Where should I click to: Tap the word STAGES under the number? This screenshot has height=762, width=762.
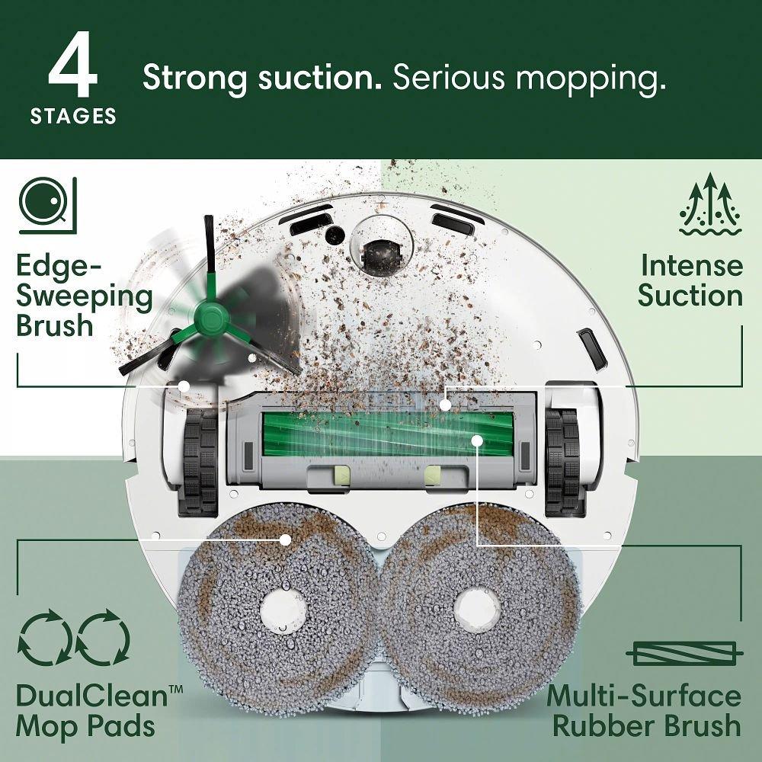(x=73, y=117)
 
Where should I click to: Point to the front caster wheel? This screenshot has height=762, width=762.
(x=382, y=255)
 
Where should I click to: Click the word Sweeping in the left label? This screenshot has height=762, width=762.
(x=84, y=296)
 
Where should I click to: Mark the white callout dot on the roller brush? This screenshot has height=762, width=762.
(x=478, y=440)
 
